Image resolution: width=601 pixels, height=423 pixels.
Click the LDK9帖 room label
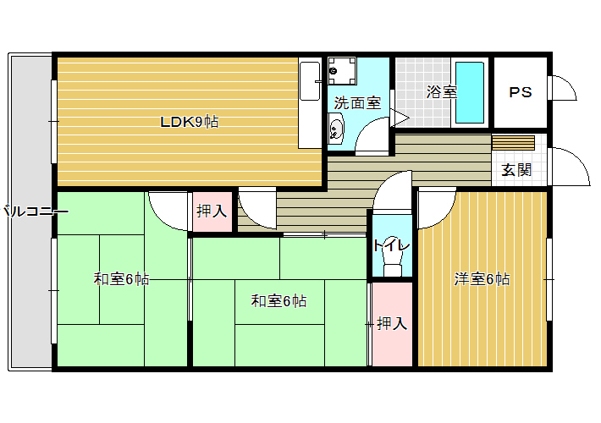pos(190,122)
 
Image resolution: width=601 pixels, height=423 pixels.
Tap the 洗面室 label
pos(357,102)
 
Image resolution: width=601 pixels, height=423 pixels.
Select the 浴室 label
pos(442,92)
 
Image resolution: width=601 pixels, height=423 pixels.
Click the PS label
pos(521,92)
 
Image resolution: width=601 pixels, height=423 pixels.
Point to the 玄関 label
pos(516,170)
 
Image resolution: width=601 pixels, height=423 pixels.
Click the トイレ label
pos(391,245)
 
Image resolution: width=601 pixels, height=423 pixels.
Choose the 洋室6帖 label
pos(482,279)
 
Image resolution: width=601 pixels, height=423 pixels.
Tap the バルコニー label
pos(36,211)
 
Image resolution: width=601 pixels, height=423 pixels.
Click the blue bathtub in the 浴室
pos(470,93)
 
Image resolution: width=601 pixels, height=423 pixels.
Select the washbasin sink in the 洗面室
pos(336,129)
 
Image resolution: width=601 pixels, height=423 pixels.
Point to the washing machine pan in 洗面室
pos(342,71)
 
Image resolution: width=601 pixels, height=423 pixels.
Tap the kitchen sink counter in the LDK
pos(310,103)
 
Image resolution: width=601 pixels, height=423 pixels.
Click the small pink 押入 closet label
pos(212,211)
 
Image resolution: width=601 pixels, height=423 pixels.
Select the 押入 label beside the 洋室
pos(392,324)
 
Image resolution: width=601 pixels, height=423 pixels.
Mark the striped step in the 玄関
pos(513,142)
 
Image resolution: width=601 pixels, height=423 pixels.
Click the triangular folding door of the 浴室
pos(400,118)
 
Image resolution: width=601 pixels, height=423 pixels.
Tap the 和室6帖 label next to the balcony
pos(122,279)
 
